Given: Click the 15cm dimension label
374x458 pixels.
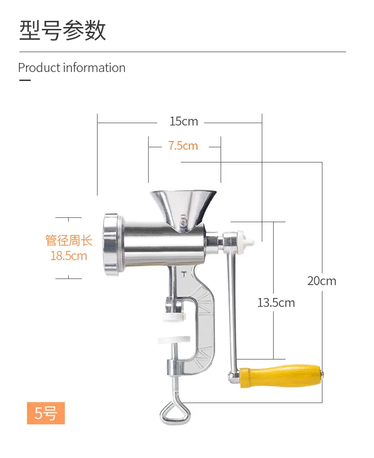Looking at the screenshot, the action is (184, 121).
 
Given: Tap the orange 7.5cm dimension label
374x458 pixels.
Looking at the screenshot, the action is (183, 146).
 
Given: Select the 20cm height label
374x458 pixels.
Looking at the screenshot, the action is (322, 281).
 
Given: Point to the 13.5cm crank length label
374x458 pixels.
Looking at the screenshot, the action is (276, 303).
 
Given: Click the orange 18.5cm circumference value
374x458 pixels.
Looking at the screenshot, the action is (69, 256).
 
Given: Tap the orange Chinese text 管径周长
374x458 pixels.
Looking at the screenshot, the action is (69, 241).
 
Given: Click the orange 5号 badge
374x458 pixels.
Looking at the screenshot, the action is (46, 413).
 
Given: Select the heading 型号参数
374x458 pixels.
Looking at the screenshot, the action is (62, 30).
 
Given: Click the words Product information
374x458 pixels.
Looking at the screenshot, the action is (72, 68).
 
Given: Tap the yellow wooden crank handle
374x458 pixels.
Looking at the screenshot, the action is (281, 376).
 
